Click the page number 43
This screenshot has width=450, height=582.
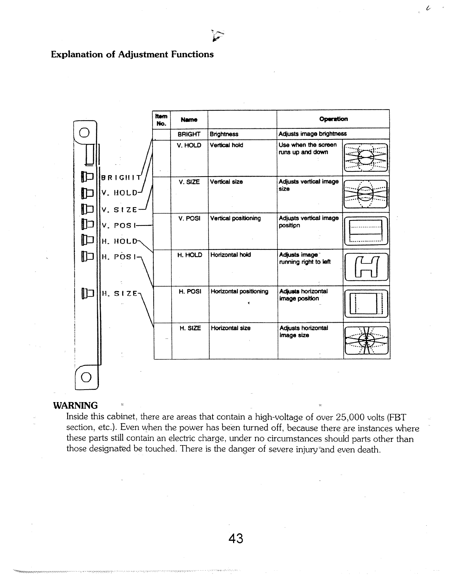236,539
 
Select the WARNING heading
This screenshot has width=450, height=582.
76,405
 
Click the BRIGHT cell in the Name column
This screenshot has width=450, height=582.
189,134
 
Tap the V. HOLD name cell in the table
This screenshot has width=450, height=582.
189,145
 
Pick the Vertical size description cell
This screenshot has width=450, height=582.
226,182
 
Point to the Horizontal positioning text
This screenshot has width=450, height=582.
239,291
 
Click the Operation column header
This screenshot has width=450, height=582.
333,119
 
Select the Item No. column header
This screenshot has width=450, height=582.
162,119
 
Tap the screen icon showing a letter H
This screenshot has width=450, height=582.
366,267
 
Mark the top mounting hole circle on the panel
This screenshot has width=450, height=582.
84,132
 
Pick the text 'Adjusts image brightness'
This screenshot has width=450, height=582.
312,134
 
